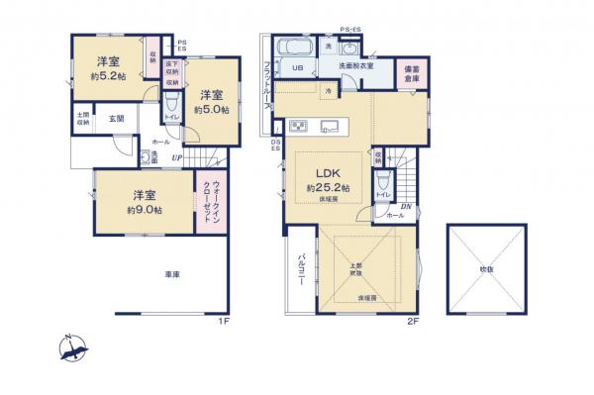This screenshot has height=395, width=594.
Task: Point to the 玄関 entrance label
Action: tap(116, 120)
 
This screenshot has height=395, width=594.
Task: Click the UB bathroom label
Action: tap(297, 68)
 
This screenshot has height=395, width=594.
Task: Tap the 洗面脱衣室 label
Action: tap(354, 65)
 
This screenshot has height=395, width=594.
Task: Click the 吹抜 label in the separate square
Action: tap(486, 269)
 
